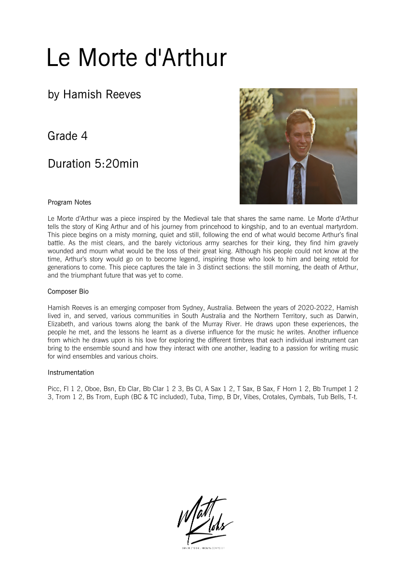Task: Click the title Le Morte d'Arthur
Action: click(x=136, y=58)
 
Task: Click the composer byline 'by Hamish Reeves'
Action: click(x=94, y=94)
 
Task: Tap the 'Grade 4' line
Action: click(x=68, y=136)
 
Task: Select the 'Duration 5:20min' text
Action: click(x=93, y=164)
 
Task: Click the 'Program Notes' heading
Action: click(x=69, y=202)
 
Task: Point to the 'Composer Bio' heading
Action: click(x=68, y=292)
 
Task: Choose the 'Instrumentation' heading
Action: click(x=70, y=373)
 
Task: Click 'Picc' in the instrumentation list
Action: click(x=54, y=388)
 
